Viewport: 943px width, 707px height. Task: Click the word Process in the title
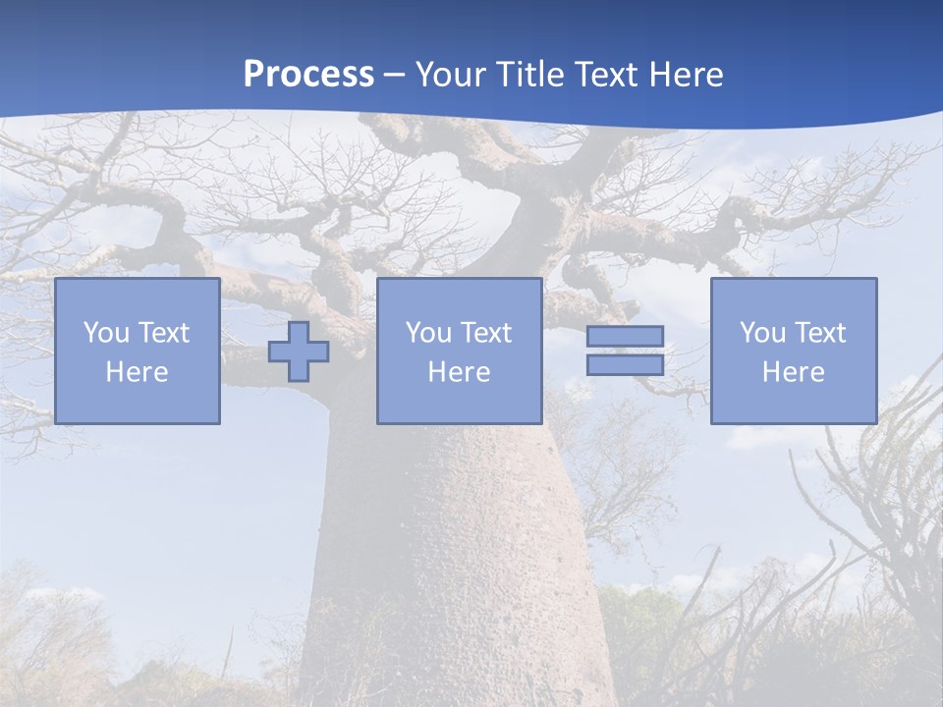click(308, 75)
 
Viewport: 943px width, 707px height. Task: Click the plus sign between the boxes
click(299, 352)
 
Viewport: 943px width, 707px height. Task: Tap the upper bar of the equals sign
click(625, 336)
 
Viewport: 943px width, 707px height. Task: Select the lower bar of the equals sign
click(625, 364)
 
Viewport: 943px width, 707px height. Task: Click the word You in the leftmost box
click(105, 333)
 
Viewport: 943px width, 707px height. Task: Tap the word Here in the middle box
click(460, 372)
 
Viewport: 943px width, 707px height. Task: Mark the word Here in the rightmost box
click(794, 372)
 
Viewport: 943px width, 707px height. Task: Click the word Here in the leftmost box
click(138, 372)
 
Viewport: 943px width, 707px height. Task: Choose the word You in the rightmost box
click(761, 333)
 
